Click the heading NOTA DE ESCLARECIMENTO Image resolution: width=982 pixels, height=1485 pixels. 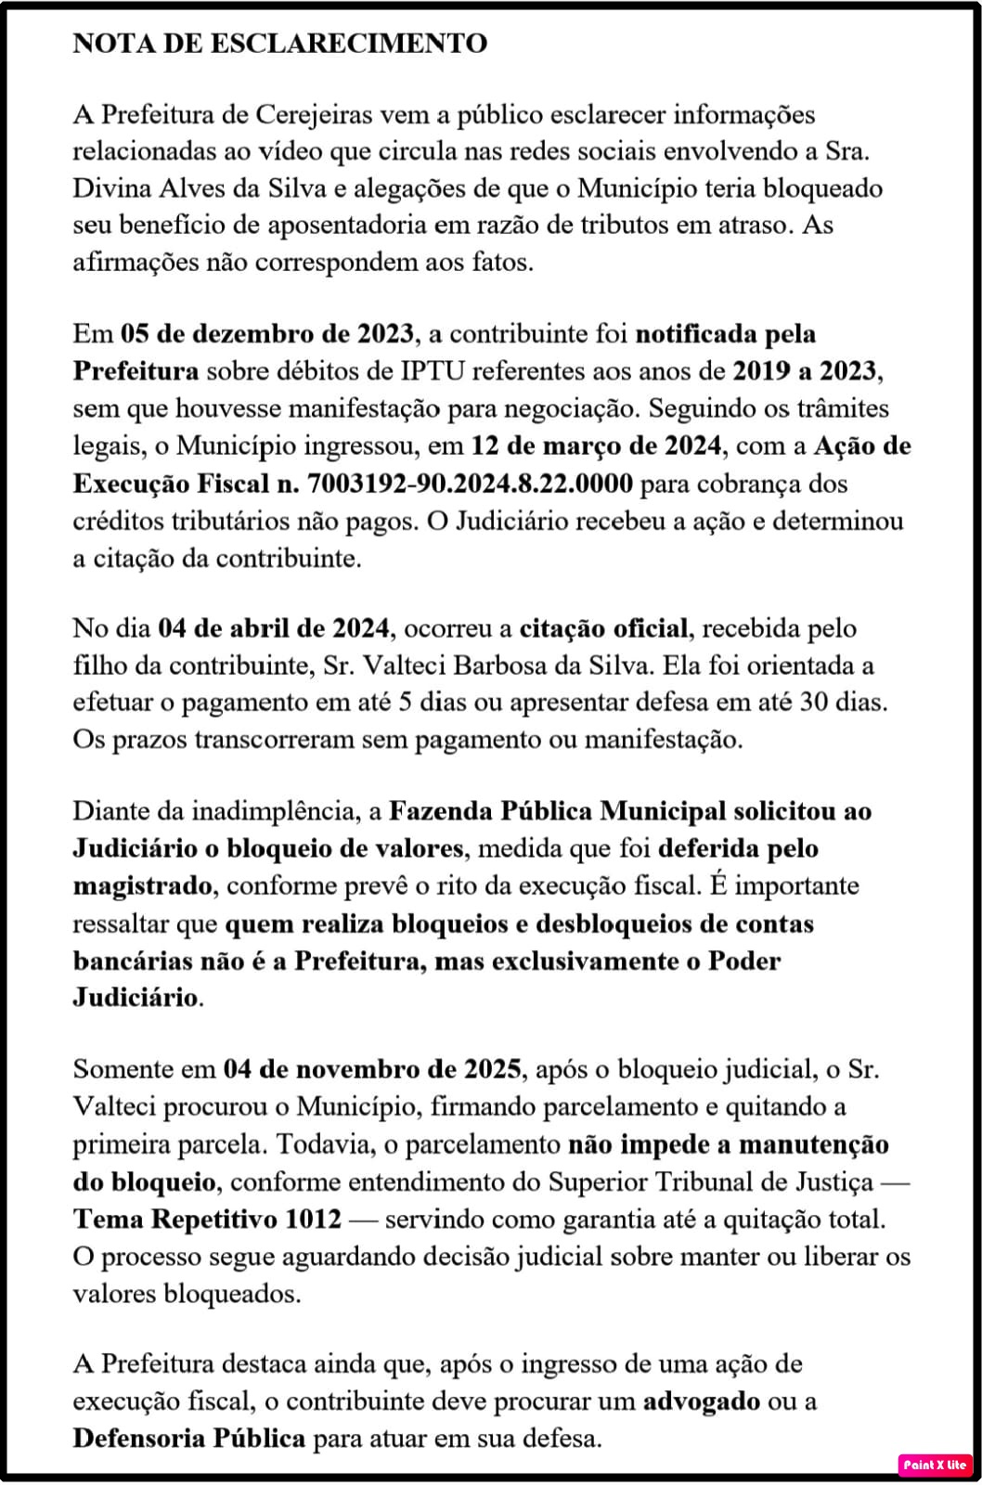tap(279, 44)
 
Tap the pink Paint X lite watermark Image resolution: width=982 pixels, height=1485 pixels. tap(935, 1464)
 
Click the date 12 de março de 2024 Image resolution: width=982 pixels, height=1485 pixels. tap(596, 445)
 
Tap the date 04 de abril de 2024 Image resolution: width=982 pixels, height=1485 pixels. tap(274, 628)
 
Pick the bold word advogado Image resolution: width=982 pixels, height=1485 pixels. tap(702, 1401)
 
